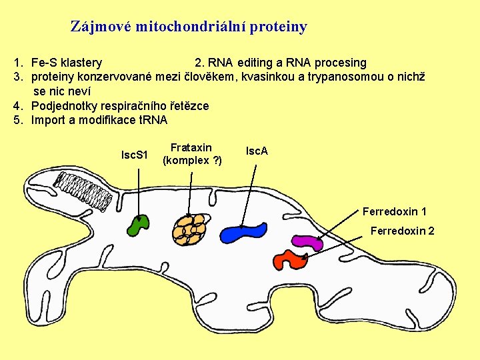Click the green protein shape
point(139,225)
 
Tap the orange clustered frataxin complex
point(189,228)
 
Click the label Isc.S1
point(134,155)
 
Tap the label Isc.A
point(257,151)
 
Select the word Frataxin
point(191,147)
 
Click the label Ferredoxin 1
point(395,212)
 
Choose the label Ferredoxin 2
point(402,231)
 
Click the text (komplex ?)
point(192,160)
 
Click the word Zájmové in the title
point(100,27)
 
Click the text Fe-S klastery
point(67,63)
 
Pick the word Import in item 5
point(48,120)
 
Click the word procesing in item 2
point(340,63)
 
